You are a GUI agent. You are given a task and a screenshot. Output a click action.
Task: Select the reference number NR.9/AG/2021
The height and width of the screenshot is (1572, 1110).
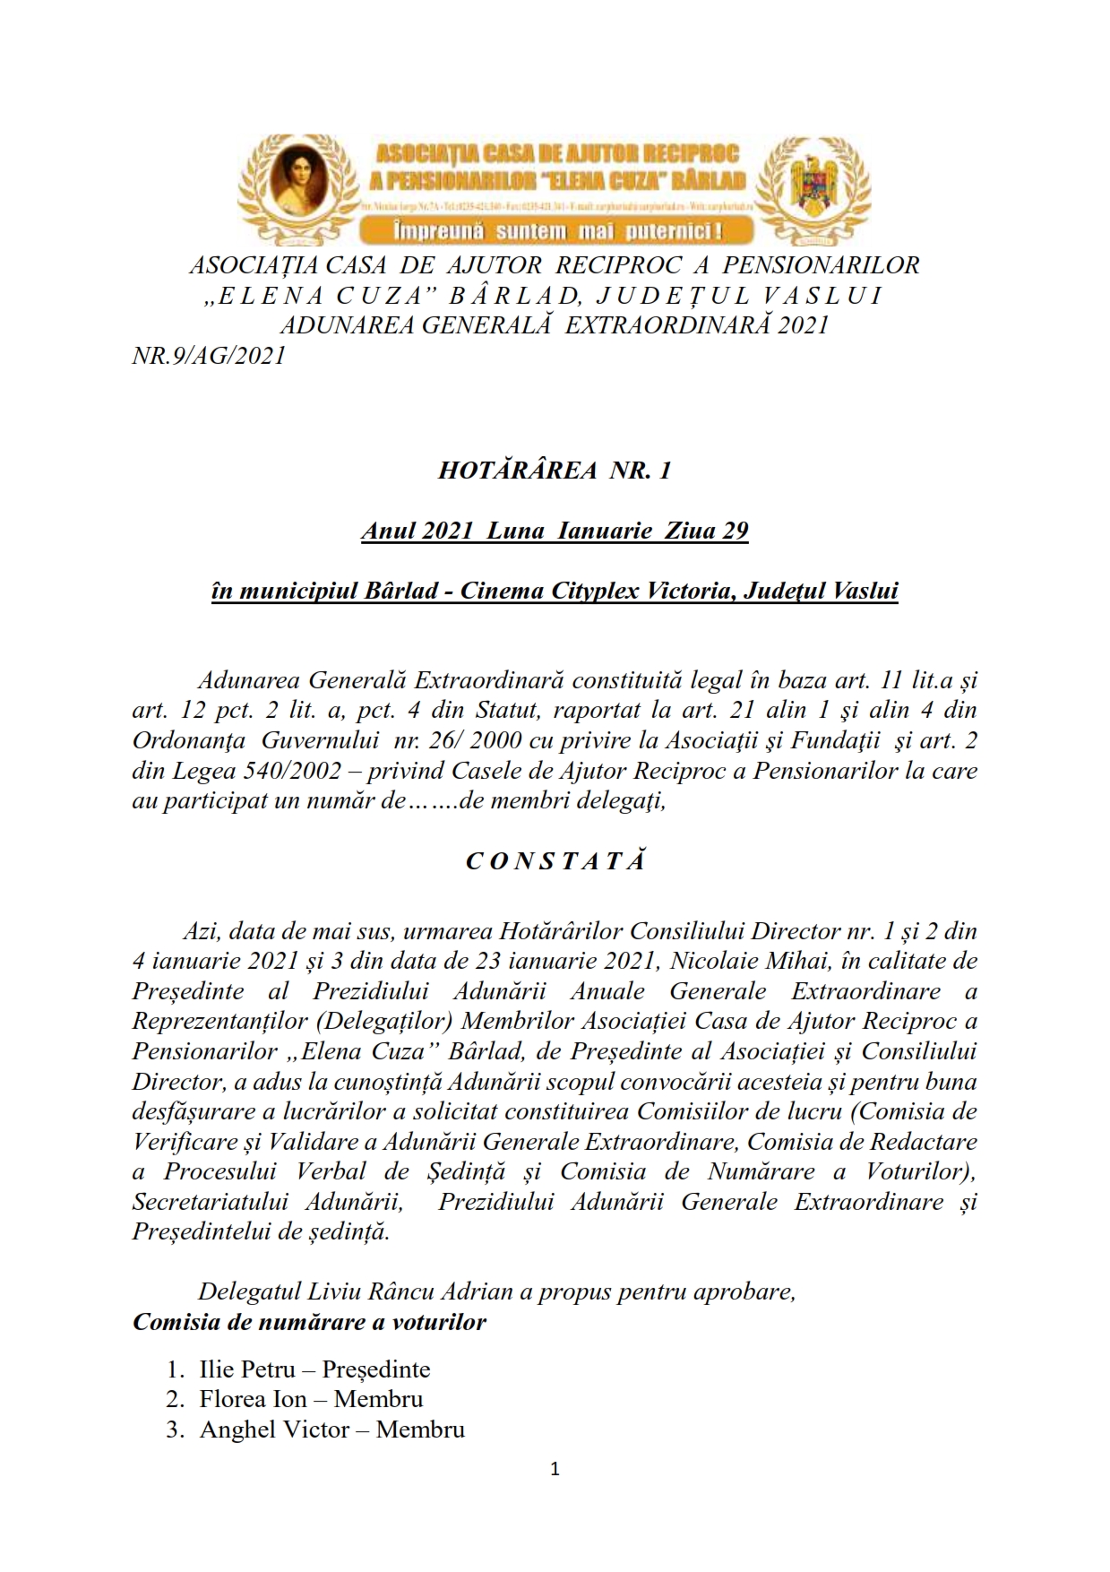209,356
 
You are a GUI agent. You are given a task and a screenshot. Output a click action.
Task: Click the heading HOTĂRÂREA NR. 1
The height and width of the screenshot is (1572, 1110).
555,471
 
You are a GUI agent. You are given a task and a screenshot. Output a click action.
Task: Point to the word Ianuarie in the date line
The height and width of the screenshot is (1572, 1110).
605,531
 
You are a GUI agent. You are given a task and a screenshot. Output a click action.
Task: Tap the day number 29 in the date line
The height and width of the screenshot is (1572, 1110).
735,531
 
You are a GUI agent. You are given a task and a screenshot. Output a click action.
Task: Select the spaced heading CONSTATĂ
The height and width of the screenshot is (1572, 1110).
555,861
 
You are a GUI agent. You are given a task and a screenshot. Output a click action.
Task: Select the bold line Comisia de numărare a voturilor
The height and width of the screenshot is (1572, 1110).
310,1322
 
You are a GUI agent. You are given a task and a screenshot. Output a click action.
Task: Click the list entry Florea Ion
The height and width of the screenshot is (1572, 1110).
253,1399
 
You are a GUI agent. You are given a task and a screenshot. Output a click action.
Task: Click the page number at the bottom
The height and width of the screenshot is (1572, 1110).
555,1469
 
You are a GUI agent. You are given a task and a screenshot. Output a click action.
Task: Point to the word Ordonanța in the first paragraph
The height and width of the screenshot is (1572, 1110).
187,741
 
